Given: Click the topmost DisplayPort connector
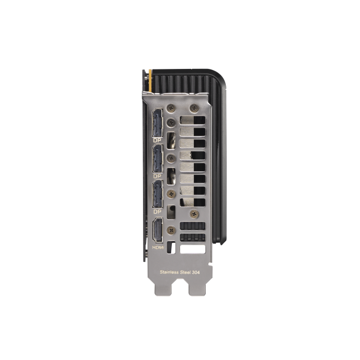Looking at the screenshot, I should (x=156, y=123).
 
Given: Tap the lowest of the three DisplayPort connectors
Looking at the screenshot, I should (x=156, y=195).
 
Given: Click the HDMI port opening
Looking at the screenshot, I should (x=157, y=231).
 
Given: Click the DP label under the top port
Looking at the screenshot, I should (x=156, y=140).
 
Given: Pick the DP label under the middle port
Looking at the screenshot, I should (x=156, y=176).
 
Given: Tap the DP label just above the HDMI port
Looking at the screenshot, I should (x=156, y=211).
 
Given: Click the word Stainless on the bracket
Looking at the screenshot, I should (x=170, y=272).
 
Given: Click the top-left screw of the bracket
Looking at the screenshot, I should (x=172, y=109).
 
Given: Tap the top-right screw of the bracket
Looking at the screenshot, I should (x=193, y=108).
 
